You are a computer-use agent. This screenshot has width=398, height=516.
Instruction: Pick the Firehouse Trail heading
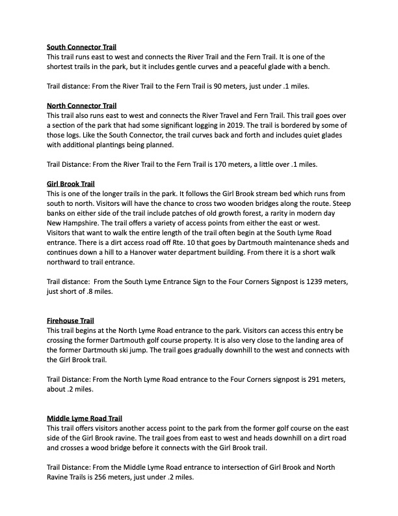click(x=70, y=321)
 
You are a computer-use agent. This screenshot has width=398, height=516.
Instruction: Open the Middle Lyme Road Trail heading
click(x=85, y=417)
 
